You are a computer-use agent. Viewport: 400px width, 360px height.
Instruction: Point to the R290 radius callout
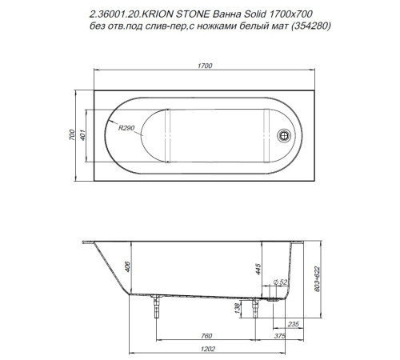(x=126, y=128)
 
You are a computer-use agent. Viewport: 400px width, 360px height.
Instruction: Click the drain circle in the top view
(x=283, y=136)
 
